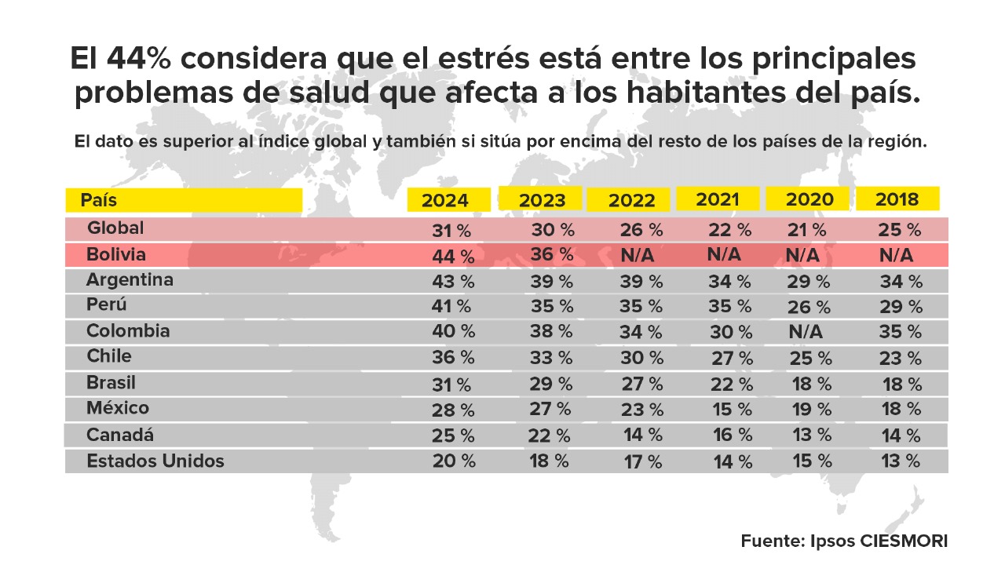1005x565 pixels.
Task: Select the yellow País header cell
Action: pyautogui.click(x=184, y=200)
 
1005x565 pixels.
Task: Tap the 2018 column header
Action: pyautogui.click(x=897, y=199)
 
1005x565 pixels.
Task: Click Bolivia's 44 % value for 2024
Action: pyautogui.click(x=454, y=256)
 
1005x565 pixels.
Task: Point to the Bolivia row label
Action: pyautogui.click(x=116, y=255)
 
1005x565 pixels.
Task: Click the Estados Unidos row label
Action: pyautogui.click(x=155, y=461)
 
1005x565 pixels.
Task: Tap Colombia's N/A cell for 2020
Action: pyautogui.click(x=806, y=332)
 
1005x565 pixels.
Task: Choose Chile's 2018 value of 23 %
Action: pyautogui.click(x=900, y=359)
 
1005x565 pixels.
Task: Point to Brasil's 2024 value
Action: pyautogui.click(x=451, y=385)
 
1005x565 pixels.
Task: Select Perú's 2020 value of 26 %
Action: pyautogui.click(x=810, y=307)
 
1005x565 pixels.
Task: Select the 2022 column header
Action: pyautogui.click(x=631, y=200)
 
